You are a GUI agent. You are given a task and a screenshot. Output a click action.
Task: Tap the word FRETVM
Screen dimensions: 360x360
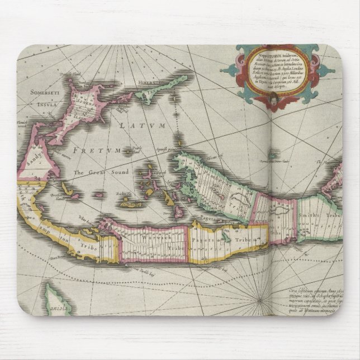pos(96,150)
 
